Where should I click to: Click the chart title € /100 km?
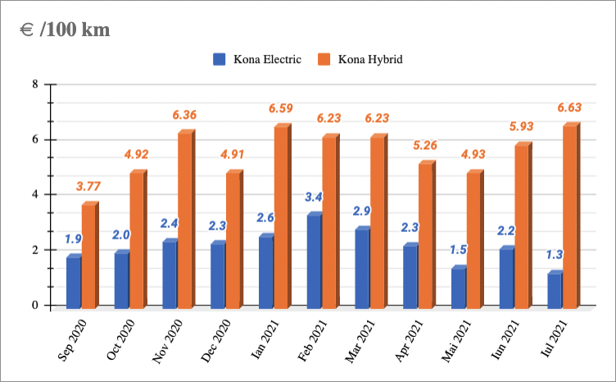65,30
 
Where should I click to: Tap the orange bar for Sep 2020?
88,256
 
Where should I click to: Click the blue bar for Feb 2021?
314,261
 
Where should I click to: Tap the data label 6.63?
569,107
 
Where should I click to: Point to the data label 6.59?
281,108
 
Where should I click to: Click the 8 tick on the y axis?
34,84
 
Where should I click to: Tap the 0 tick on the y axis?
34,306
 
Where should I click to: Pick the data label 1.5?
460,250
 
